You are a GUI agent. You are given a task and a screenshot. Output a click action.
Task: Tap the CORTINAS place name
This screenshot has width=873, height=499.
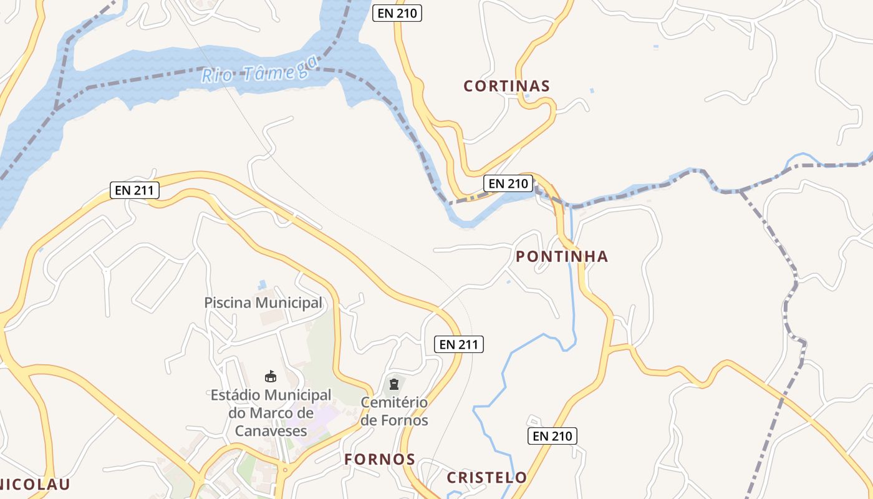[506, 87]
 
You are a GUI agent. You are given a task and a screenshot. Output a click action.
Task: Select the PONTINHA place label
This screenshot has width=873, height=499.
[562, 256]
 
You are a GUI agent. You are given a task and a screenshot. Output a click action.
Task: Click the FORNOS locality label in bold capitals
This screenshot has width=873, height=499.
[380, 460]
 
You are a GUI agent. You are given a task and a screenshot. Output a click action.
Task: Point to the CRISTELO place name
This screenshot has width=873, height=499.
[487, 478]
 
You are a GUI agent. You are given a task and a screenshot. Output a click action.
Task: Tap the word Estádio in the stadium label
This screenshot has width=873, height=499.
[236, 395]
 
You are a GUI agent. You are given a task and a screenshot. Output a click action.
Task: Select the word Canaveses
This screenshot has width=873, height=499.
[271, 430]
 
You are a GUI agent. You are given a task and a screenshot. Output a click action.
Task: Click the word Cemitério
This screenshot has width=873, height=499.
[394, 402]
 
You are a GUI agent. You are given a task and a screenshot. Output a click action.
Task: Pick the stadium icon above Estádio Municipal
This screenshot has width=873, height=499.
[271, 376]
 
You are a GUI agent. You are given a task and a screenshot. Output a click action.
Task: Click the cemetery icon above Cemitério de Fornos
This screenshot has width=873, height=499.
[394, 384]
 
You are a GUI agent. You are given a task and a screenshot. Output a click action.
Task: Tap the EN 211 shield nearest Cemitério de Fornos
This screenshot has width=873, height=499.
[459, 344]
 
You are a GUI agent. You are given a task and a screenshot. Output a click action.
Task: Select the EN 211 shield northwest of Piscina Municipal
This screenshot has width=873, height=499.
[135, 190]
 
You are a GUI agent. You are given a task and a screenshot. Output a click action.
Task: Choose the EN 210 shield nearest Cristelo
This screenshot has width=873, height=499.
[552, 436]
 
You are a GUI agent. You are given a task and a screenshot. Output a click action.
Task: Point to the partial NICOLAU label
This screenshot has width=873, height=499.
[34, 485]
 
